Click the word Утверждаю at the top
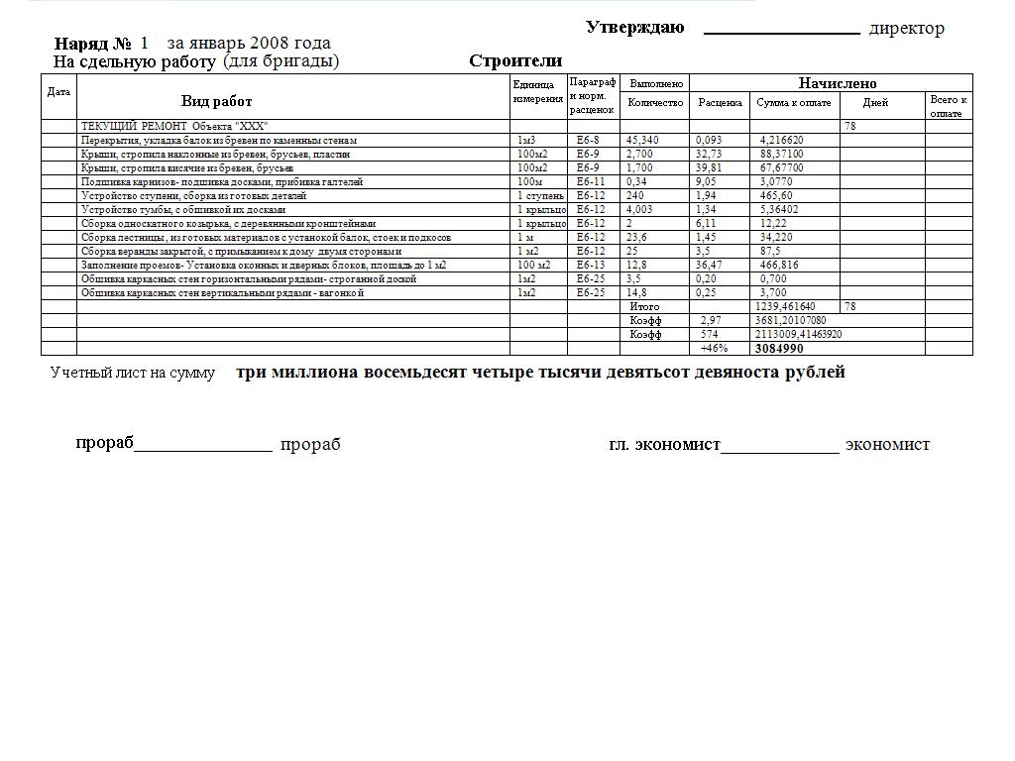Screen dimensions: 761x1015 pos(634,27)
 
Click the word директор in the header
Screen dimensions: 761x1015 pos(906,29)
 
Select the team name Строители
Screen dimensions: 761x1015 pos(515,61)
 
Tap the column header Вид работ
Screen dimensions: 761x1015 pos(216,101)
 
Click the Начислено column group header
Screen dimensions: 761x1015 pos(838,83)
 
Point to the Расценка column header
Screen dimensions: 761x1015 pos(720,103)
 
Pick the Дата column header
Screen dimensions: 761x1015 pos(58,92)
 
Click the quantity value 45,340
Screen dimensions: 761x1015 pos(642,141)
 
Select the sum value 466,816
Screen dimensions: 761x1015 pos(779,266)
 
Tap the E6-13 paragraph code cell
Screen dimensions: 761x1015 pos(590,266)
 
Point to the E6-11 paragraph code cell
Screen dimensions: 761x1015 pos(590,182)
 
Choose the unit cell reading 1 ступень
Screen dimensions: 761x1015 pos(540,196)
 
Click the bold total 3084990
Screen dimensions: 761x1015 pos(779,349)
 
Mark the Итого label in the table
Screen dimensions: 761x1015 pos(644,307)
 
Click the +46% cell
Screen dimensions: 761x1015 pos(714,349)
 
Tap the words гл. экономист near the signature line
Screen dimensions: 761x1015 pos(664,444)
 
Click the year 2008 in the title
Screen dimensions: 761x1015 pos(270,43)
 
